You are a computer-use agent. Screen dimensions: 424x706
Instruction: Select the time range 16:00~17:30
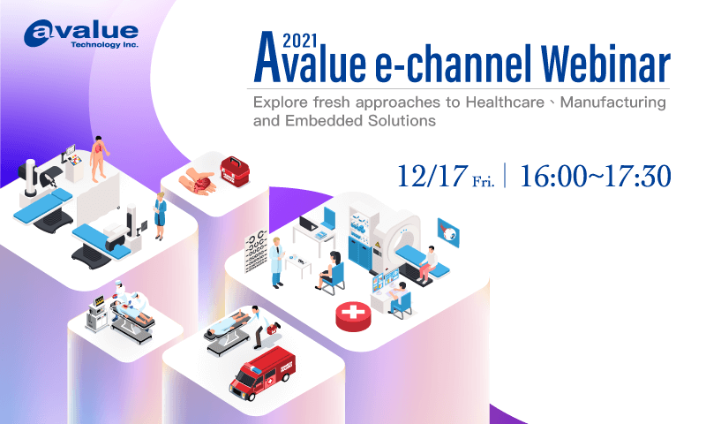point(596,174)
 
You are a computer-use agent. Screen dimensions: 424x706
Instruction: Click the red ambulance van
point(261,375)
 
